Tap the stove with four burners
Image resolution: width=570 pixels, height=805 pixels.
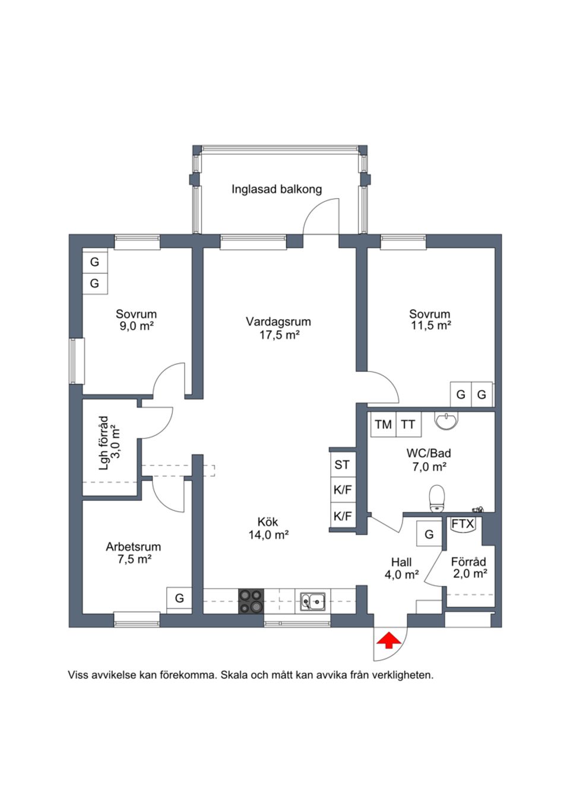[x=251, y=601]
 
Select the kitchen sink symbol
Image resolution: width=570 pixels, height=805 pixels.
[x=312, y=602]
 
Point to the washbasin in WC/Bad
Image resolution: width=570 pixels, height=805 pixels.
[x=446, y=421]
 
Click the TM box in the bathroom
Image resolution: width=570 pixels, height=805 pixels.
[x=384, y=425]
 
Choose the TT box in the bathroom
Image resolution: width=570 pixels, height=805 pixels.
[x=408, y=425]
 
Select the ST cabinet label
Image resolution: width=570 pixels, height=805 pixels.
[x=342, y=465]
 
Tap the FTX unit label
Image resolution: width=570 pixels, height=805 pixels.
[x=463, y=524]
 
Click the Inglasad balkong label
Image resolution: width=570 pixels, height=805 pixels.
[x=277, y=189]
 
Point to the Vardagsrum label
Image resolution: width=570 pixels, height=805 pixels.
[x=278, y=322]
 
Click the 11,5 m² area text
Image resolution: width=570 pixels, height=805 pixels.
[x=431, y=326]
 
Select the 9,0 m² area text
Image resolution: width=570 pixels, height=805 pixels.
[x=137, y=326]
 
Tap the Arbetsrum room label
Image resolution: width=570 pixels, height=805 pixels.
[x=133, y=547]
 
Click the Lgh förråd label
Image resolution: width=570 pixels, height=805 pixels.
[x=104, y=443]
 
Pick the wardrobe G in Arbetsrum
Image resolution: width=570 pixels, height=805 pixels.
[x=179, y=599]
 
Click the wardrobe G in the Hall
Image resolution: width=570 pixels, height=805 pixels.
[x=429, y=534]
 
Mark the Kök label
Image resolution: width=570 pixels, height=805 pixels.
[x=268, y=522]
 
